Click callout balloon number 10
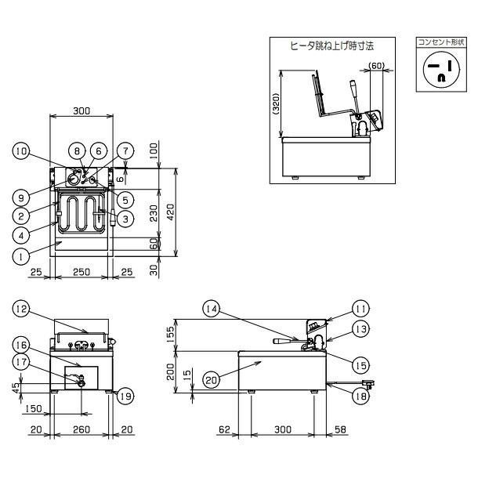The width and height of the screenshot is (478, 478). (x=21, y=151)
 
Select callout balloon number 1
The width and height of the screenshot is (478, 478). (x=21, y=255)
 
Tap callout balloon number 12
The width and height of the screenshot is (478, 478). (x=21, y=310)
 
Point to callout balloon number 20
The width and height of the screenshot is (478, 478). (x=210, y=379)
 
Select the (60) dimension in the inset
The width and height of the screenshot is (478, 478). (x=376, y=67)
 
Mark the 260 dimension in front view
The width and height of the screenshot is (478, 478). (x=81, y=429)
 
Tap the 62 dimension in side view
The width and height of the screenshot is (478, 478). (x=224, y=429)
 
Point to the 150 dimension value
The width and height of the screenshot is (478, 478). (x=33, y=408)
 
